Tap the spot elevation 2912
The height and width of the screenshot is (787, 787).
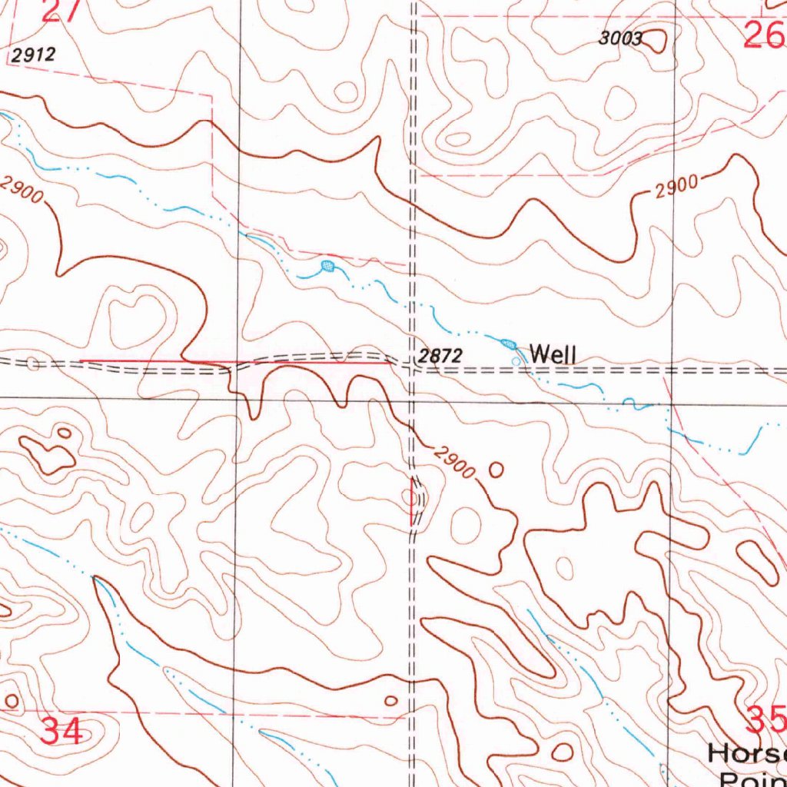point(34,55)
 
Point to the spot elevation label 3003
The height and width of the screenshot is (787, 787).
point(620,40)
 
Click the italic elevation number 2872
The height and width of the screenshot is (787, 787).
point(440,356)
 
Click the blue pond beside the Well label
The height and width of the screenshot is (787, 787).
point(508,344)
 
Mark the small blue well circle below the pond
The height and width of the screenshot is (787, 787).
point(515,360)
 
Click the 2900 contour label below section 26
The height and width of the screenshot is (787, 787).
point(677,187)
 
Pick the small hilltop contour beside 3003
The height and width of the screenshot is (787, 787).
point(655,42)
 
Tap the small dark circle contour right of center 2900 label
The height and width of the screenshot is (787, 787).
point(496,468)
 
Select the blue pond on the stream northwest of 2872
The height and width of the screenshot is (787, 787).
point(328,267)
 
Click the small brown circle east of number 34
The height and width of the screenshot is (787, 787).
point(391,700)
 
